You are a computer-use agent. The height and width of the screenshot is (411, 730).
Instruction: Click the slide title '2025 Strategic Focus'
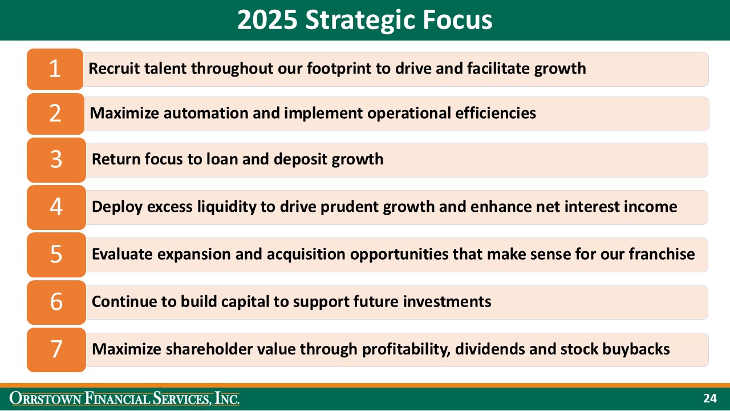coord(364,20)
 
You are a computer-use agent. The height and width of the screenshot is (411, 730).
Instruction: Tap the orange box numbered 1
coord(55,69)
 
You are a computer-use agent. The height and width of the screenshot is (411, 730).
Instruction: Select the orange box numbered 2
coord(55,114)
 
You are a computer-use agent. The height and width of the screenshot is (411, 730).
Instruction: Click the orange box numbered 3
coord(56,159)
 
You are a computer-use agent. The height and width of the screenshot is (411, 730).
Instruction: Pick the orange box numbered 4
coord(56,207)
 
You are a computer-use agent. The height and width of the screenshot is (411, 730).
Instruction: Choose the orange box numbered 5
coord(56,254)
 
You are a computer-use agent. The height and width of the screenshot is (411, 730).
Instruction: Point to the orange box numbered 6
coord(56,301)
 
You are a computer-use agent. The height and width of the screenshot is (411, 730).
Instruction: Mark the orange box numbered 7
coord(56,349)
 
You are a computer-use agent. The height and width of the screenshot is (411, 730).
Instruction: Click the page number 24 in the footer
coord(709,398)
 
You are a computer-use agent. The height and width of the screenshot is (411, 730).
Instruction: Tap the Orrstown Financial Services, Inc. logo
coord(125,398)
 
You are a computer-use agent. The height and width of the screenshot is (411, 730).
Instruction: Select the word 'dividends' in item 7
coord(490,349)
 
